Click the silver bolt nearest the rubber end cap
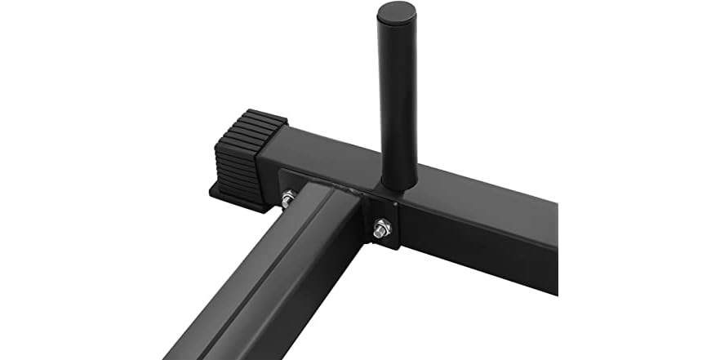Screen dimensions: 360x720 pyautogui.click(x=288, y=198)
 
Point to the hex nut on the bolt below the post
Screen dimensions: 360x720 pyautogui.click(x=380, y=232)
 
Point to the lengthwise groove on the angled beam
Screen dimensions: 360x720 pyautogui.click(x=269, y=269)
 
